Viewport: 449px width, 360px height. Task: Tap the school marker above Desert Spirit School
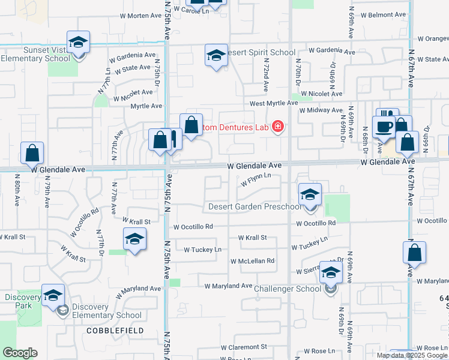click(x=216, y=56)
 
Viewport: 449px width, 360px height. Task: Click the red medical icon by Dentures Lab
click(x=278, y=127)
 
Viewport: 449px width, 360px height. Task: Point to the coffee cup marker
click(x=384, y=127)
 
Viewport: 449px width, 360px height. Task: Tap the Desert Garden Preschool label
click(x=255, y=207)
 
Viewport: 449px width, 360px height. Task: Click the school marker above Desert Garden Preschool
click(x=310, y=194)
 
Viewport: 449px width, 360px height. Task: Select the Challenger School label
click(x=288, y=289)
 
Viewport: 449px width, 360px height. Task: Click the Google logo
click(x=20, y=353)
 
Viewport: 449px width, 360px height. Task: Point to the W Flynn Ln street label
click(x=256, y=179)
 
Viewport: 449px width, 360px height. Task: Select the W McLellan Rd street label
click(x=253, y=261)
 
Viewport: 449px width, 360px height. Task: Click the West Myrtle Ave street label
click(x=274, y=103)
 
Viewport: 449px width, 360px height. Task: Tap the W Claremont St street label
click(x=244, y=347)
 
